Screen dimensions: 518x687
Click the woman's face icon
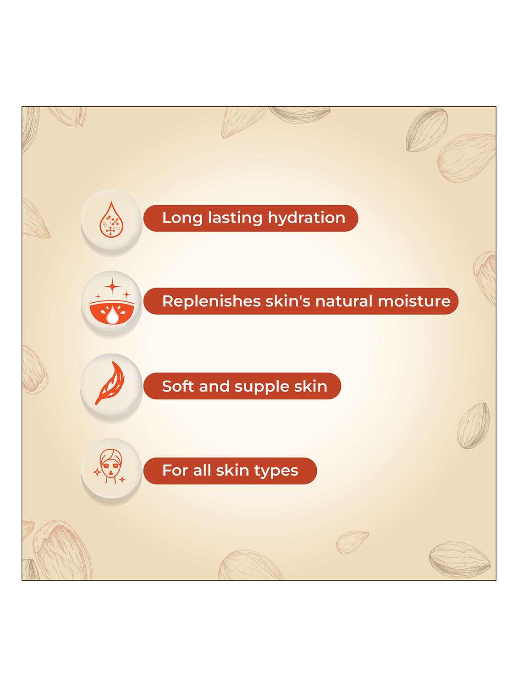coord(110,466)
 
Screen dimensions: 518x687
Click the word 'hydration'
coord(306,218)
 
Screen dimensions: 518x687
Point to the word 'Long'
coord(182,218)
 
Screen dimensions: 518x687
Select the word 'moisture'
coord(413,301)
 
